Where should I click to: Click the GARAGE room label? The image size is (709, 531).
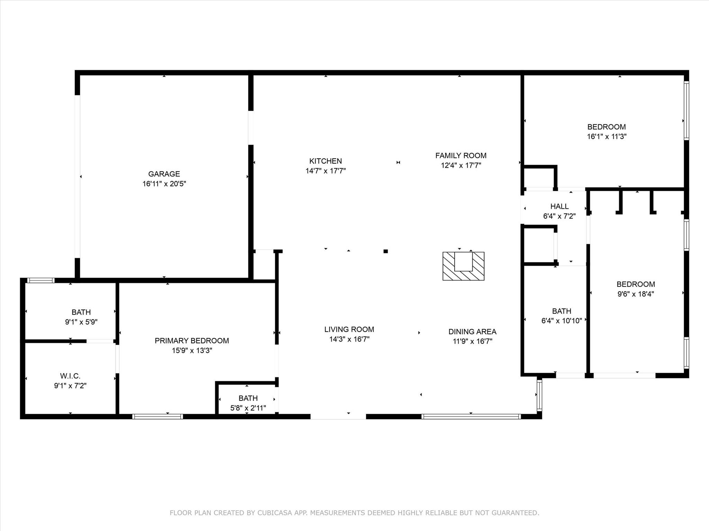tap(164, 174)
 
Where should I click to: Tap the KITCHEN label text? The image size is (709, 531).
tap(325, 161)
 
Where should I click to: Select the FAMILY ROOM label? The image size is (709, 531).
tap(461, 156)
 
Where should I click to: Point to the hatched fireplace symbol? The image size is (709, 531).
tap(464, 266)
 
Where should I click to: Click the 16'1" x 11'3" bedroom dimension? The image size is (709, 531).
tap(607, 137)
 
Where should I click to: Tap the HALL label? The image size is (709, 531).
tap(559, 206)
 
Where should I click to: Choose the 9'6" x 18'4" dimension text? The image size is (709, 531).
tap(636, 294)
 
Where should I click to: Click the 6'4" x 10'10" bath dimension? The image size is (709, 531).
tap(562, 321)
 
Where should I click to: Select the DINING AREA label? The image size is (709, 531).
tap(472, 332)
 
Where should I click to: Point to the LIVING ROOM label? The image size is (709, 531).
tap(349, 329)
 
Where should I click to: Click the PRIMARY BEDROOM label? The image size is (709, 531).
tap(192, 341)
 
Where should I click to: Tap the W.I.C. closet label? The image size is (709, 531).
tap(70, 376)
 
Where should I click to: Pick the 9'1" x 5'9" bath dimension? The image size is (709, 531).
tap(81, 322)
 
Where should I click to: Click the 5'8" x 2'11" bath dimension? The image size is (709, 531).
tap(248, 408)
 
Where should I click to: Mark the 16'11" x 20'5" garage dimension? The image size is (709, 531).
tap(164, 184)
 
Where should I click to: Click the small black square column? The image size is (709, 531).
tap(386, 251)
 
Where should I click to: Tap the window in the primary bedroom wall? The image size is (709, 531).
tap(158, 417)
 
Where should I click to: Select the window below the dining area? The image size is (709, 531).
tap(471, 417)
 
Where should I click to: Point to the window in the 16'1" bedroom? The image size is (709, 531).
tap(686, 111)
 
